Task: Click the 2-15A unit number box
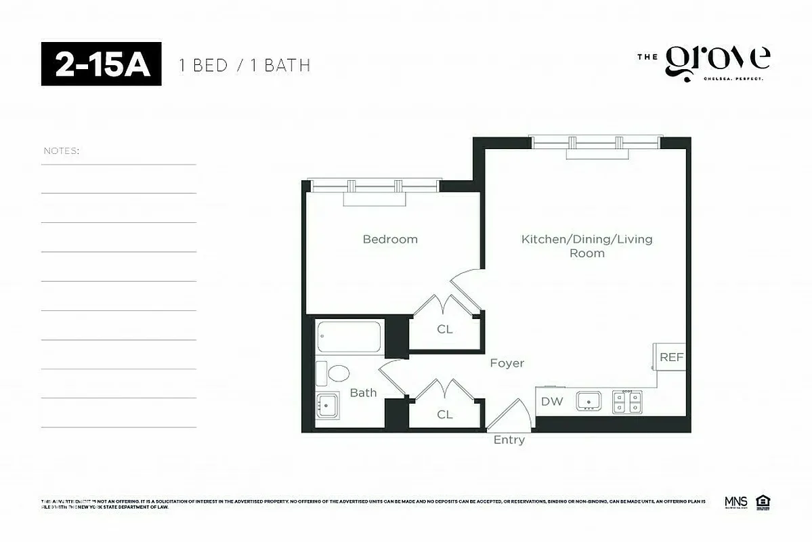click(102, 64)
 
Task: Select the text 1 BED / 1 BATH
click(244, 65)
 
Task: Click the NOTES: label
click(61, 150)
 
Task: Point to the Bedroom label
click(390, 239)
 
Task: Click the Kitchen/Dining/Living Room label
click(586, 246)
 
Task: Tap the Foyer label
click(507, 363)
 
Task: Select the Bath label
click(363, 392)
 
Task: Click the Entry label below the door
click(509, 440)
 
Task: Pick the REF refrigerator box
click(671, 357)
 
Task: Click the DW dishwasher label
click(552, 401)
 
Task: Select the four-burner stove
click(628, 402)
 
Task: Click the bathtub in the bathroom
click(349, 337)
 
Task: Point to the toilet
click(333, 373)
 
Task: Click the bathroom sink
click(328, 405)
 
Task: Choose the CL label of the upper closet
click(445, 329)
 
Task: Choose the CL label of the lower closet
click(445, 415)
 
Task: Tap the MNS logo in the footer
click(735, 502)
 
